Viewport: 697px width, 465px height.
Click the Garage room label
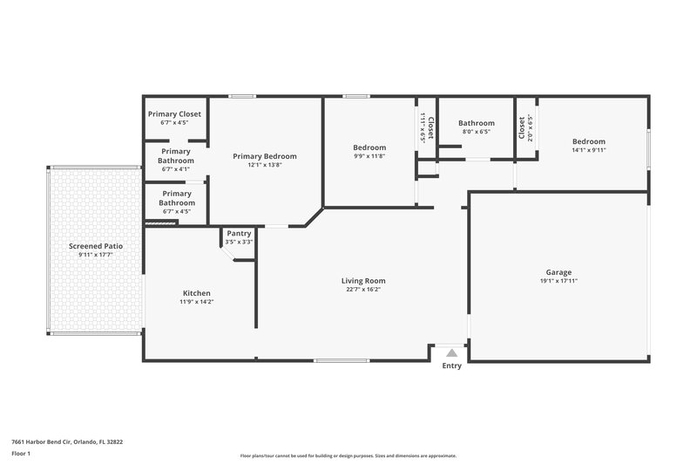point(558,271)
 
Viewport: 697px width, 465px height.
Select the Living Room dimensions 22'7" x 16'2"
point(363,291)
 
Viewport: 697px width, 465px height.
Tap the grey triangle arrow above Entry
point(451,352)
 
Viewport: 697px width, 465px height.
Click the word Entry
point(452,366)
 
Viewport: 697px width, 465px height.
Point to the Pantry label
point(239,233)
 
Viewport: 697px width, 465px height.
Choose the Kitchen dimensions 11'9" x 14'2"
point(196,302)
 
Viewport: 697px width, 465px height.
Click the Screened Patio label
point(96,246)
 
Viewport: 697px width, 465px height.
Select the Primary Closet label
point(175,114)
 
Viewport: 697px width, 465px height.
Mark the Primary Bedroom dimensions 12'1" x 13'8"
point(265,165)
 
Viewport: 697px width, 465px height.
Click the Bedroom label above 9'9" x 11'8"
point(369,147)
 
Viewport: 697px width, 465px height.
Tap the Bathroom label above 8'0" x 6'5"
point(477,123)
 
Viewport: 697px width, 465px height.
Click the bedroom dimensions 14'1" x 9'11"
point(589,150)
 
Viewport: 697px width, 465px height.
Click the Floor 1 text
point(20,454)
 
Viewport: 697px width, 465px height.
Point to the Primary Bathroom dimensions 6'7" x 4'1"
point(176,169)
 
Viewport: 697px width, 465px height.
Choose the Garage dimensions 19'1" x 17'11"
point(558,280)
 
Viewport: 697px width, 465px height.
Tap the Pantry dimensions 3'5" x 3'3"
point(239,242)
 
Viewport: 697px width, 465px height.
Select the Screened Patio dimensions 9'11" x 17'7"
point(96,255)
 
